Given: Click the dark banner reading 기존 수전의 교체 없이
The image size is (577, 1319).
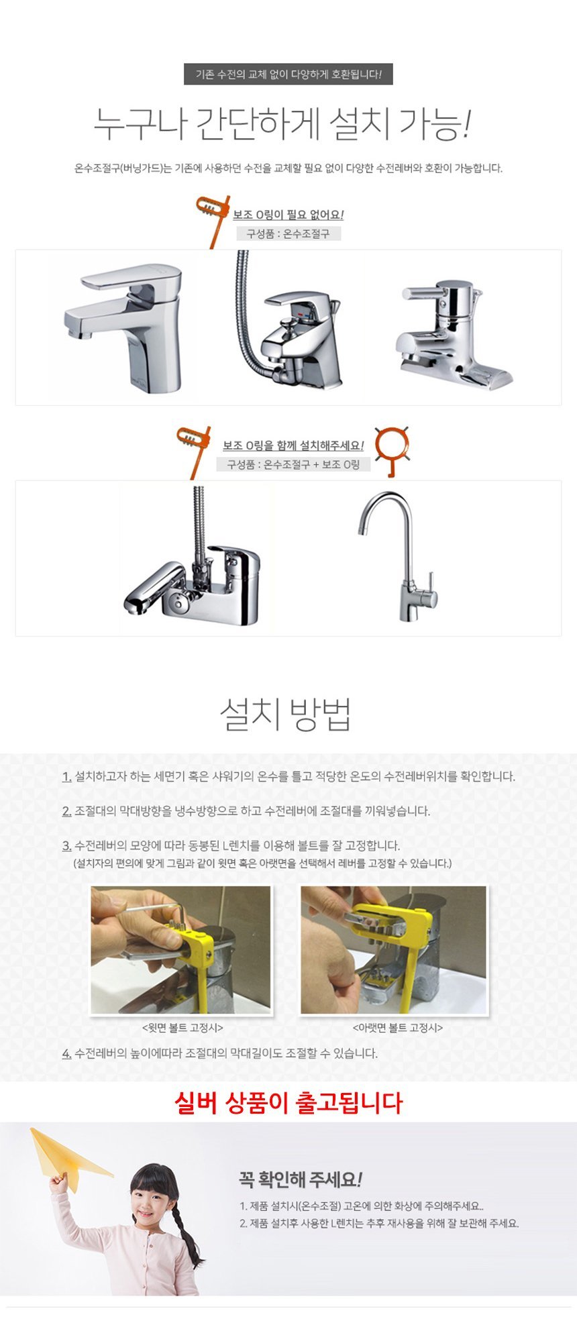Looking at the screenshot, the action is (x=288, y=74).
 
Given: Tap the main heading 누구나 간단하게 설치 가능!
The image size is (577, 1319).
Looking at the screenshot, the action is (x=282, y=124).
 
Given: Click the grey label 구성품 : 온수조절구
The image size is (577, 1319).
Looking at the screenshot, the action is (x=288, y=233).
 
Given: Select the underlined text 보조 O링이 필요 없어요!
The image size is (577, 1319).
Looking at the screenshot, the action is (x=288, y=215).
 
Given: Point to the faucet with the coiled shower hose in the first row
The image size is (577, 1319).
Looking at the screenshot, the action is (x=290, y=321).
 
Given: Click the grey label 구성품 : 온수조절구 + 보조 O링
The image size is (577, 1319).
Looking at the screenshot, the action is (x=293, y=464).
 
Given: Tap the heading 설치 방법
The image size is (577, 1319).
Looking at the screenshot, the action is (x=286, y=715).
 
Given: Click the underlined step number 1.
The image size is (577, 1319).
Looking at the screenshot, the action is (x=66, y=776).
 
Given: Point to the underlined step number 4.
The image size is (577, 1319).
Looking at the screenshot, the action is (x=66, y=1053).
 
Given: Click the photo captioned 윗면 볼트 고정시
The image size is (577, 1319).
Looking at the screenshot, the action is (x=181, y=950).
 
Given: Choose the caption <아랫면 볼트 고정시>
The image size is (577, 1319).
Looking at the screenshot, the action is (x=398, y=1027).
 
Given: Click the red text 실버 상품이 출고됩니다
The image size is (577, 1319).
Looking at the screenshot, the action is (x=288, y=1102).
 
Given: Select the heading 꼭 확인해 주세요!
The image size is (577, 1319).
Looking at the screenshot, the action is (x=301, y=1179).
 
